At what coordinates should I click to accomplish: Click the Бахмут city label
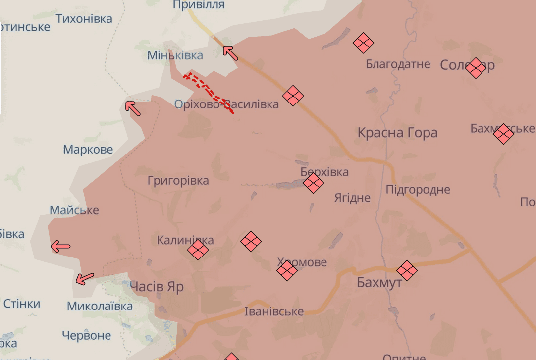(379, 283)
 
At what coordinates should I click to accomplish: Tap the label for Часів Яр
(157, 287)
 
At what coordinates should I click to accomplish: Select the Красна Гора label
(398, 133)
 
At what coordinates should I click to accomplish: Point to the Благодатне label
(398, 64)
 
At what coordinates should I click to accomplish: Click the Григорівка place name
(178, 181)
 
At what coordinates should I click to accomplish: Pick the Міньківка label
(175, 55)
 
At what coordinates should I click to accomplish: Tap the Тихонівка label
(84, 19)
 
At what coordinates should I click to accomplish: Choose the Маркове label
(88, 149)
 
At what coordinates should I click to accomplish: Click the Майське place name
(74, 210)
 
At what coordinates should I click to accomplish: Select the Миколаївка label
(100, 306)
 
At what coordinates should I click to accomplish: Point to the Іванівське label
(274, 311)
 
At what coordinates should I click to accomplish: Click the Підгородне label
(418, 189)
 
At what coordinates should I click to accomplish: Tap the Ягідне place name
(352, 198)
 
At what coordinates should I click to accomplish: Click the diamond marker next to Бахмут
(407, 270)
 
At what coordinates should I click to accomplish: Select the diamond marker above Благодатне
(363, 43)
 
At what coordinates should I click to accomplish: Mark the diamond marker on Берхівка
(313, 183)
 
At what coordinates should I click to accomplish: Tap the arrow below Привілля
(230, 52)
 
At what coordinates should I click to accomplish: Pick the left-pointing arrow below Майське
(61, 246)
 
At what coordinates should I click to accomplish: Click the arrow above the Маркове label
(132, 108)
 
